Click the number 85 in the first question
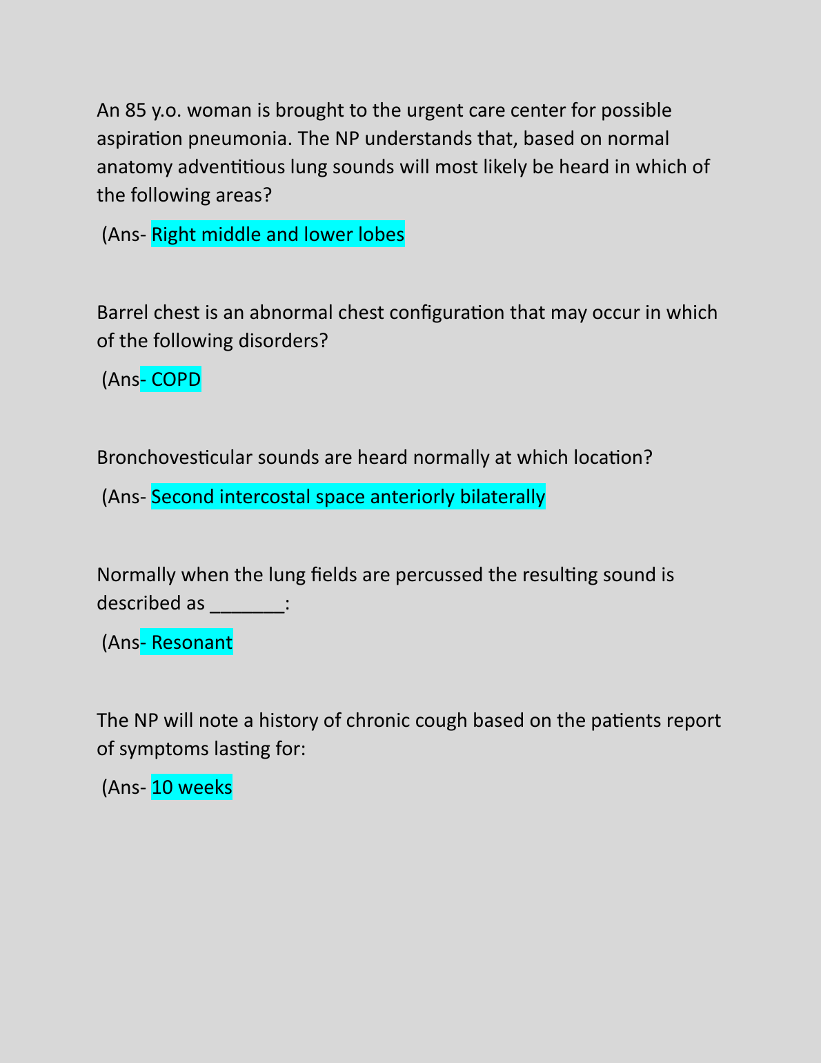135,110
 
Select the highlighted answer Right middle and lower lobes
277,235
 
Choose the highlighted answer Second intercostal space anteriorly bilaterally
348,497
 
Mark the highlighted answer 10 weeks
191,788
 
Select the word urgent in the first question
435,110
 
